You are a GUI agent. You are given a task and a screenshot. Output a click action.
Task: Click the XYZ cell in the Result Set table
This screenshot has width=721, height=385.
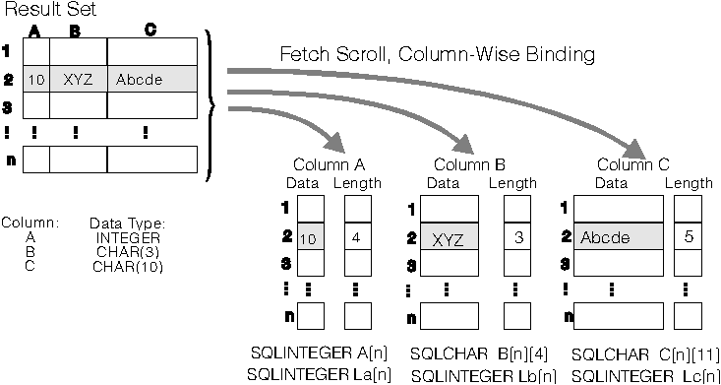click(x=78, y=80)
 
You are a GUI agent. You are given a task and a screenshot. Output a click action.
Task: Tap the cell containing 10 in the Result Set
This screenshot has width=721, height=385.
click(x=35, y=80)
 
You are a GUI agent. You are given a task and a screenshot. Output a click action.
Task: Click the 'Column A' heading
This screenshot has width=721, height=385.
click(x=329, y=164)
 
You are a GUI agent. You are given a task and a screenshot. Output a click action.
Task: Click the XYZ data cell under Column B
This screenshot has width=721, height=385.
click(x=449, y=238)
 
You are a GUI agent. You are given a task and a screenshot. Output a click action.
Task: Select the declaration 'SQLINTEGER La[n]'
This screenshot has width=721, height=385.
click(x=319, y=375)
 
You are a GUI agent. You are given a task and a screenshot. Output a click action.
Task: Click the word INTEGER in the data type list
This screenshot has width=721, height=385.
click(x=122, y=237)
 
